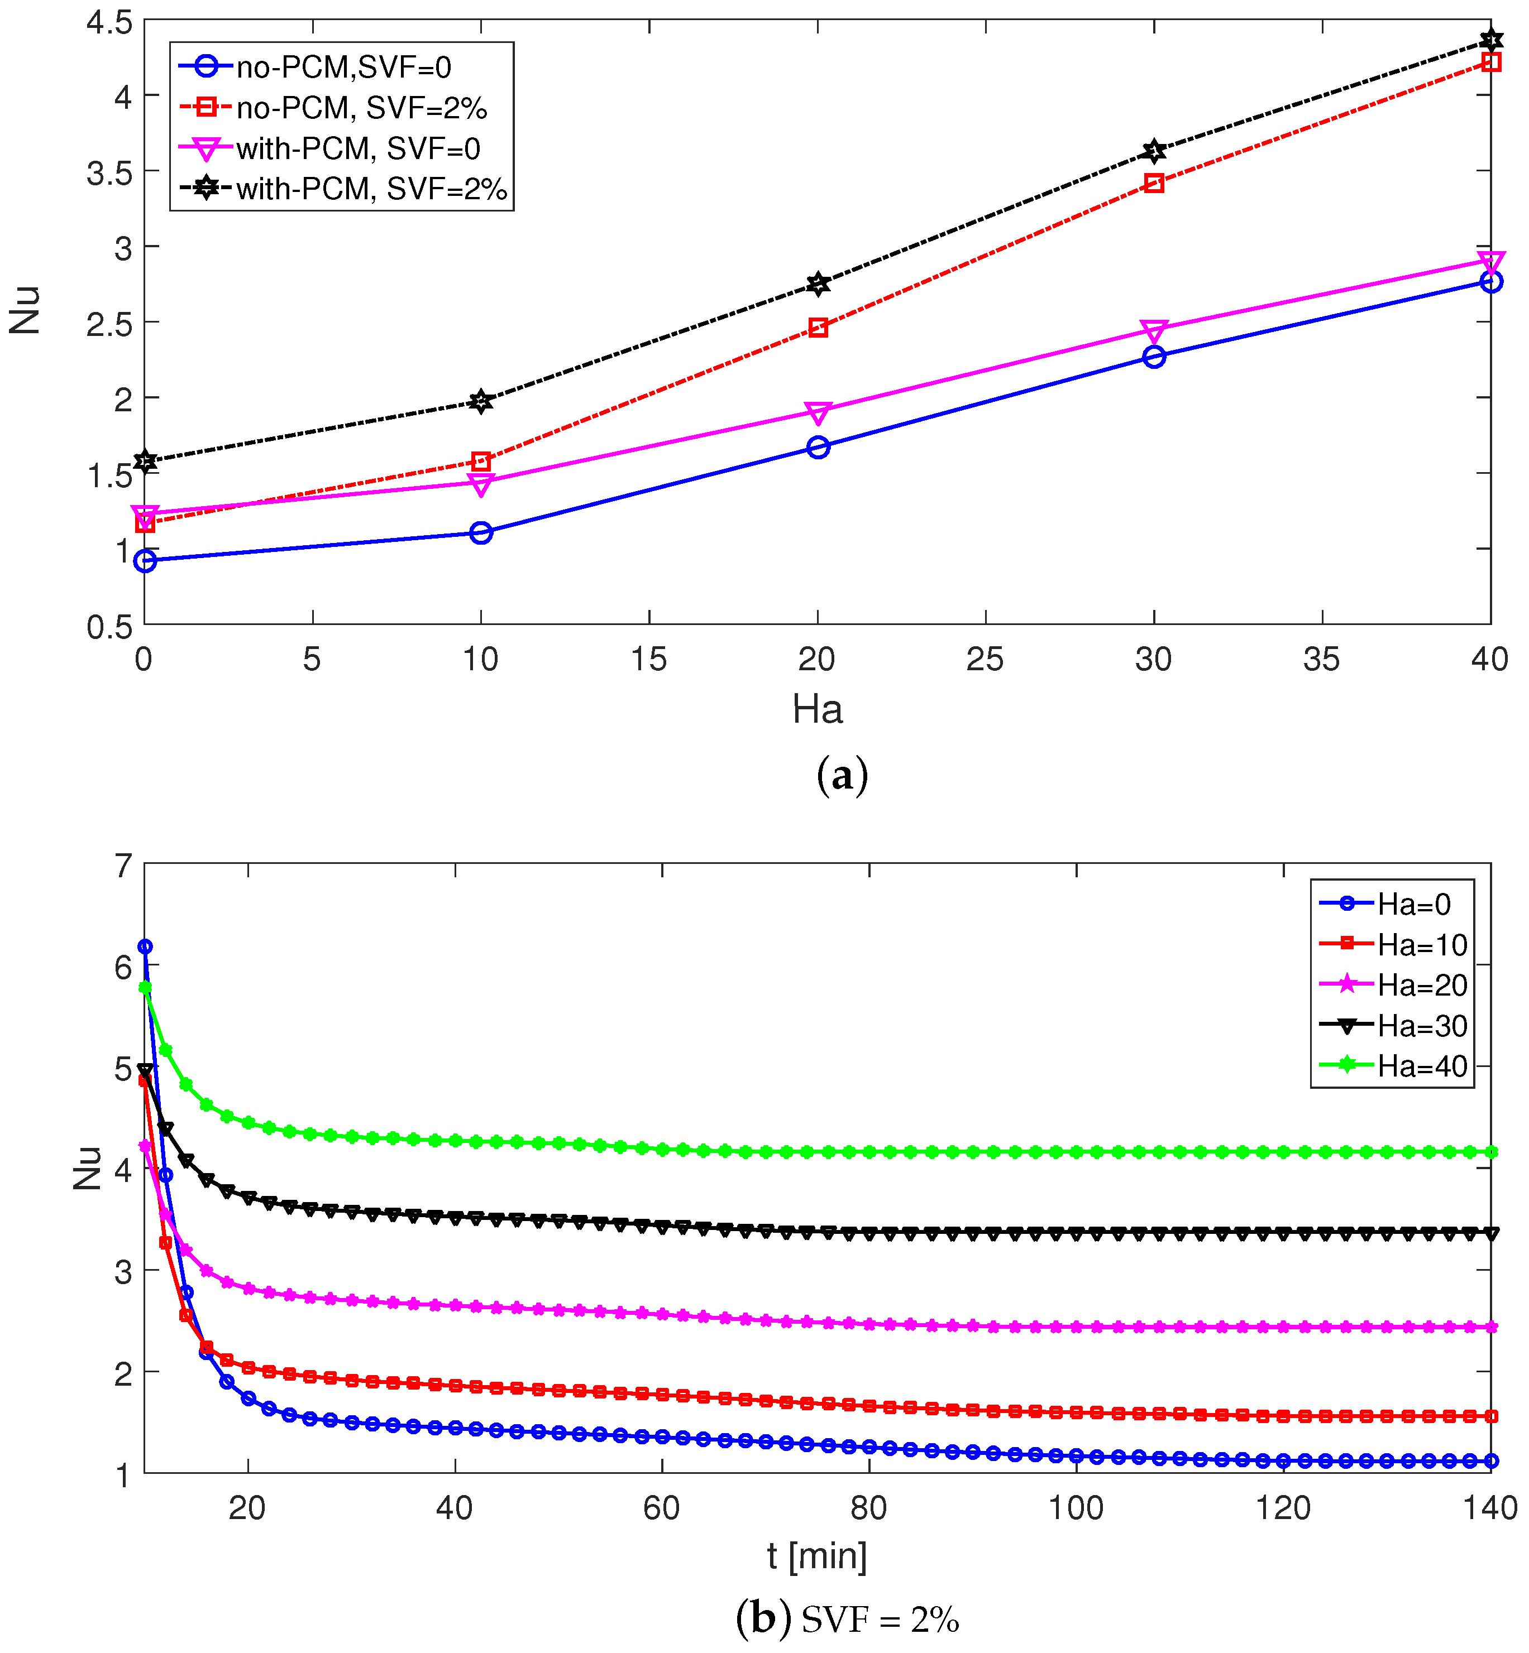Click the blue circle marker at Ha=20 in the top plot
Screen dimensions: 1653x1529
(818, 448)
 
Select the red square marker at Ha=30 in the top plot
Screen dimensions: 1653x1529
(1154, 182)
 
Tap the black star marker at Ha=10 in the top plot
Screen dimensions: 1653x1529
(481, 401)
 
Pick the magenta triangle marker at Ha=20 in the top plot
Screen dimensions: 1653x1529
(818, 411)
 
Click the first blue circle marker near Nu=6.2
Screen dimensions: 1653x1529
(145, 946)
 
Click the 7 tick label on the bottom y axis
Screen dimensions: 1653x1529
(123, 866)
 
